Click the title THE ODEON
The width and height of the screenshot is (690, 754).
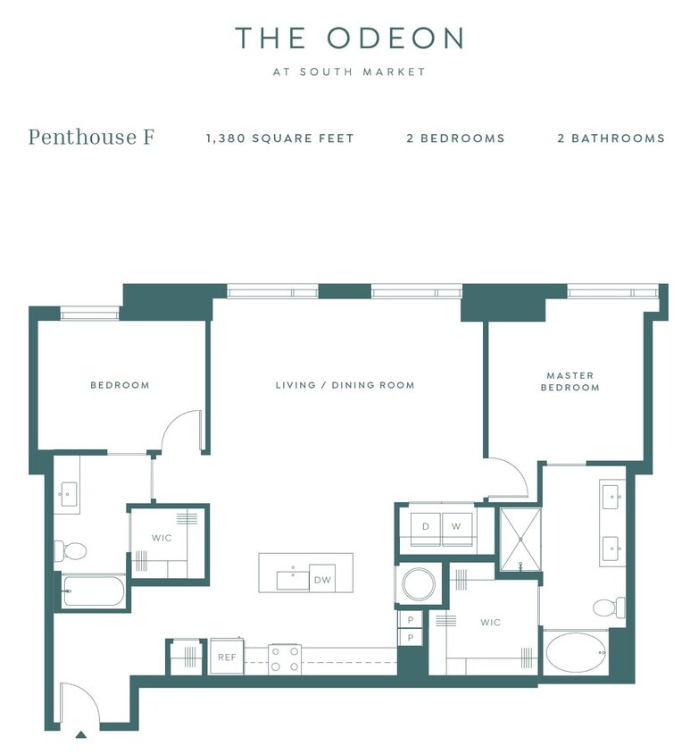click(x=349, y=38)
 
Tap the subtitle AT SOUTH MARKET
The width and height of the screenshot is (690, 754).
click(x=349, y=71)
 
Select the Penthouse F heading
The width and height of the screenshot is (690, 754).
click(x=91, y=138)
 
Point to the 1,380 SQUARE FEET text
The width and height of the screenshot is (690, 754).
click(x=279, y=138)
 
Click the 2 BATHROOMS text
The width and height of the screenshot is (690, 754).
click(x=611, y=138)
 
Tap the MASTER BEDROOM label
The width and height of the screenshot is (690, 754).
click(x=569, y=381)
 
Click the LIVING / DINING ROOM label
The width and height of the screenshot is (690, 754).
click(x=345, y=385)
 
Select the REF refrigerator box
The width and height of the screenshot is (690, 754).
click(x=226, y=657)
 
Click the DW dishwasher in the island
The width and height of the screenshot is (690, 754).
click(x=321, y=579)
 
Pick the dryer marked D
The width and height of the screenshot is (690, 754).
click(x=426, y=526)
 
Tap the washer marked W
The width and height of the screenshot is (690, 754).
click(x=455, y=526)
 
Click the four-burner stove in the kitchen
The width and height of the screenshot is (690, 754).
click(x=285, y=659)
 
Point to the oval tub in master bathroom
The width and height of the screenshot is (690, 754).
click(x=576, y=654)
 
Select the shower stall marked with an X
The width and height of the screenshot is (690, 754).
click(x=519, y=540)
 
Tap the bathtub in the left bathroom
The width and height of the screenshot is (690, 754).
click(x=92, y=591)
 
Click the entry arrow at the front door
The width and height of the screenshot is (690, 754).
click(x=80, y=734)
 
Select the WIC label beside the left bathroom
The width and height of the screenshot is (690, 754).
click(x=161, y=538)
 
